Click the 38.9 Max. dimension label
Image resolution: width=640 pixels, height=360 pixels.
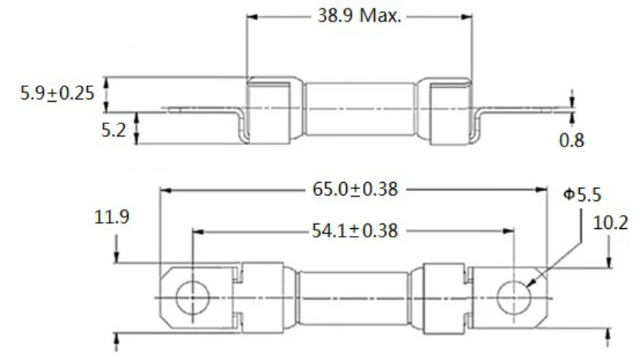tap(359, 16)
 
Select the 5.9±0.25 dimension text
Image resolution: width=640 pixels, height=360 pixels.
tap(58, 93)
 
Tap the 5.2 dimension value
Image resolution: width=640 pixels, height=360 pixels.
tap(113, 130)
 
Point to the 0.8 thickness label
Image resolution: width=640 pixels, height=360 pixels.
tap(571, 140)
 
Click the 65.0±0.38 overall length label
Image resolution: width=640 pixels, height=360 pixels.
tap(355, 190)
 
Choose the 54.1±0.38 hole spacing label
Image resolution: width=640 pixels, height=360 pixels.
tap(355, 230)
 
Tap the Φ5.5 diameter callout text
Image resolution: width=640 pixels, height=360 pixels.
tap(582, 195)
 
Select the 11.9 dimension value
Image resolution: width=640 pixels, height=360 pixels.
tap(112, 217)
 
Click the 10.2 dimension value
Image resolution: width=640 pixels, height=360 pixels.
tap(610, 224)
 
